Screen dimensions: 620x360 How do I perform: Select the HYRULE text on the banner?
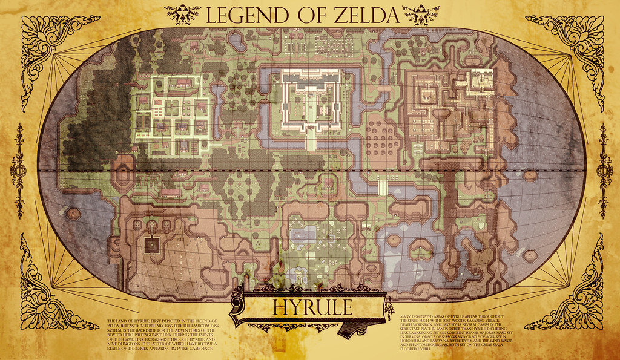312,307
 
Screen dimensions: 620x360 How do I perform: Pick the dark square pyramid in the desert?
151,244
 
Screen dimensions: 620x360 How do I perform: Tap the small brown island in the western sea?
73,214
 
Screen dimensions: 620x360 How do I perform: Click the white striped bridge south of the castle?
382,187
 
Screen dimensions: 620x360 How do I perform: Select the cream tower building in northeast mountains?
482,78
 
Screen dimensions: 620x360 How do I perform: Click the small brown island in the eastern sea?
530,176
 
